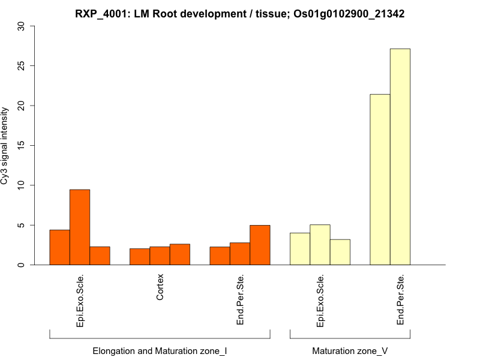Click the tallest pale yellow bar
(x=400, y=157)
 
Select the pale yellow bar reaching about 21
(x=380, y=179)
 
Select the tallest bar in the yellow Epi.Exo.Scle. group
(x=320, y=245)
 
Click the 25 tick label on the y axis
(x=22, y=65)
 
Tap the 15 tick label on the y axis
(x=22, y=145)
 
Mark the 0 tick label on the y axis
(x=22, y=265)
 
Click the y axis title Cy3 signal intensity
(x=5, y=145)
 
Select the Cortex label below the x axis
(x=160, y=288)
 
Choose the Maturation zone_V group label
(x=350, y=350)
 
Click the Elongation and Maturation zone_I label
(x=160, y=350)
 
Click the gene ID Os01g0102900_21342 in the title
(x=349, y=13)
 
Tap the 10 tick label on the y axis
(x=22, y=185)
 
